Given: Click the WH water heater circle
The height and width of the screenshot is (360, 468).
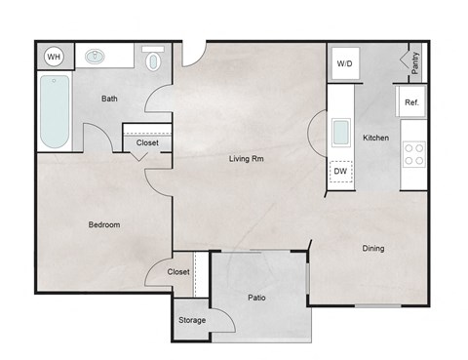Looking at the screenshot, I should coord(55,57).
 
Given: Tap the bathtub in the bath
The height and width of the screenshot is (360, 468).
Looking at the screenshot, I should coord(56,113).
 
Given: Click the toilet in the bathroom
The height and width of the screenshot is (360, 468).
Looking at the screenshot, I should coord(152,60).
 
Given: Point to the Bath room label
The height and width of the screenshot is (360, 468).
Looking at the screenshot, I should coord(110,99).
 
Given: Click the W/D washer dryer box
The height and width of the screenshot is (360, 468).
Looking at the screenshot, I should coord(345,64).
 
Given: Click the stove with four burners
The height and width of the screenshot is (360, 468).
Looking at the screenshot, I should coord(413,153).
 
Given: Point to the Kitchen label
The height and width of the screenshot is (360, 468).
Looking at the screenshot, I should coord(376,139).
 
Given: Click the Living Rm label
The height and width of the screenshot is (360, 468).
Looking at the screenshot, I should coord(248,158).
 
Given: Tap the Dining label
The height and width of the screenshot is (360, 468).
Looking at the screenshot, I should coord(373,248).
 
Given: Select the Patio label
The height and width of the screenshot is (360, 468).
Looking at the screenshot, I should coord(257,298).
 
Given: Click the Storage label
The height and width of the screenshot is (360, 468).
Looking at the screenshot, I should coord(192,320).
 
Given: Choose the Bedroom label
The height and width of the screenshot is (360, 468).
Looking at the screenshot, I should coord(103,224).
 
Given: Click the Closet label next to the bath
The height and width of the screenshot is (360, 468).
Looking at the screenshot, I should coord(147,142).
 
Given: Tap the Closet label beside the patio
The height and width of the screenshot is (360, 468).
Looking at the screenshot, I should coord(178,272).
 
